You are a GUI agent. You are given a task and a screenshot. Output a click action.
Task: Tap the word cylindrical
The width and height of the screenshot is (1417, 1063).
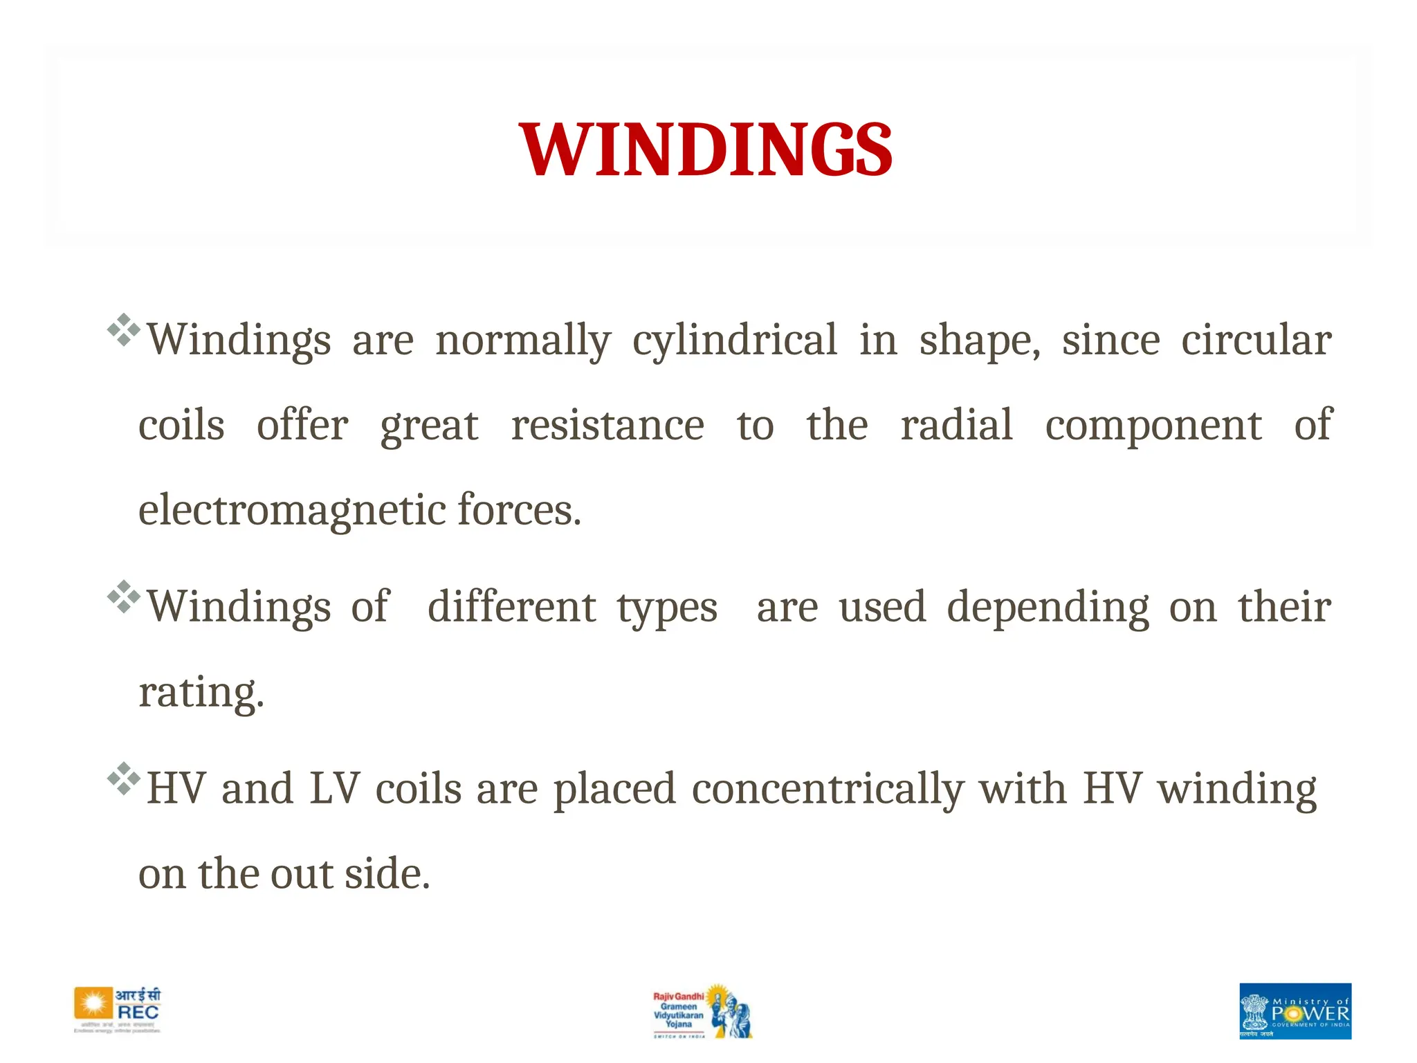pos(735,340)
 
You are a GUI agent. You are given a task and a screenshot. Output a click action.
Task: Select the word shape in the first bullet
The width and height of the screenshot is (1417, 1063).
pos(978,340)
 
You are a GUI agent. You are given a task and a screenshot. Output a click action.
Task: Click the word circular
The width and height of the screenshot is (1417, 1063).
pos(1256,340)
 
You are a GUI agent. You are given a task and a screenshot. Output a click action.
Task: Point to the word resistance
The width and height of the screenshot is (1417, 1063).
pos(607,425)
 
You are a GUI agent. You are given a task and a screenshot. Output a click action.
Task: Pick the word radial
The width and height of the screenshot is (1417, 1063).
pos(956,425)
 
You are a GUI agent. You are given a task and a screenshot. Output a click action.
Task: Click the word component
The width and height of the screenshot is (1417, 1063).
pos(1153,426)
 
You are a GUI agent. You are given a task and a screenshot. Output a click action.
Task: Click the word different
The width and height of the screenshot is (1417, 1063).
pos(511,607)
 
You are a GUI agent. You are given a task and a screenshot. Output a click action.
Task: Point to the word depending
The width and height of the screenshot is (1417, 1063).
pos(1048,608)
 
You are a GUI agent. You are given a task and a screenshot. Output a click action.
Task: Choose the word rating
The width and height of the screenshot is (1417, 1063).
pos(201,693)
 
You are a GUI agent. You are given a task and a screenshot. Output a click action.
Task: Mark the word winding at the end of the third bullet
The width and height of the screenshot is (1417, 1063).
pos(1238,790)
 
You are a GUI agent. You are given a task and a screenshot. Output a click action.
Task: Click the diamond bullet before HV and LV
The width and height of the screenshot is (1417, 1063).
pos(124,779)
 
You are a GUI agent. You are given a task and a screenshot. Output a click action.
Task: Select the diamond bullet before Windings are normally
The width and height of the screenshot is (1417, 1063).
pos(124,330)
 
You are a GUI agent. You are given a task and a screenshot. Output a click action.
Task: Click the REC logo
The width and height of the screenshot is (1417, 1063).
pos(118,1010)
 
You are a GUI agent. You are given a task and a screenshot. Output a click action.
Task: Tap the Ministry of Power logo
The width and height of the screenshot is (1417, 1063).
pos(1295,1010)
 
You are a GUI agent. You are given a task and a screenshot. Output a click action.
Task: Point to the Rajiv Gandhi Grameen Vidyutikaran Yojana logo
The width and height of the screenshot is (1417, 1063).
pos(702,1010)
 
